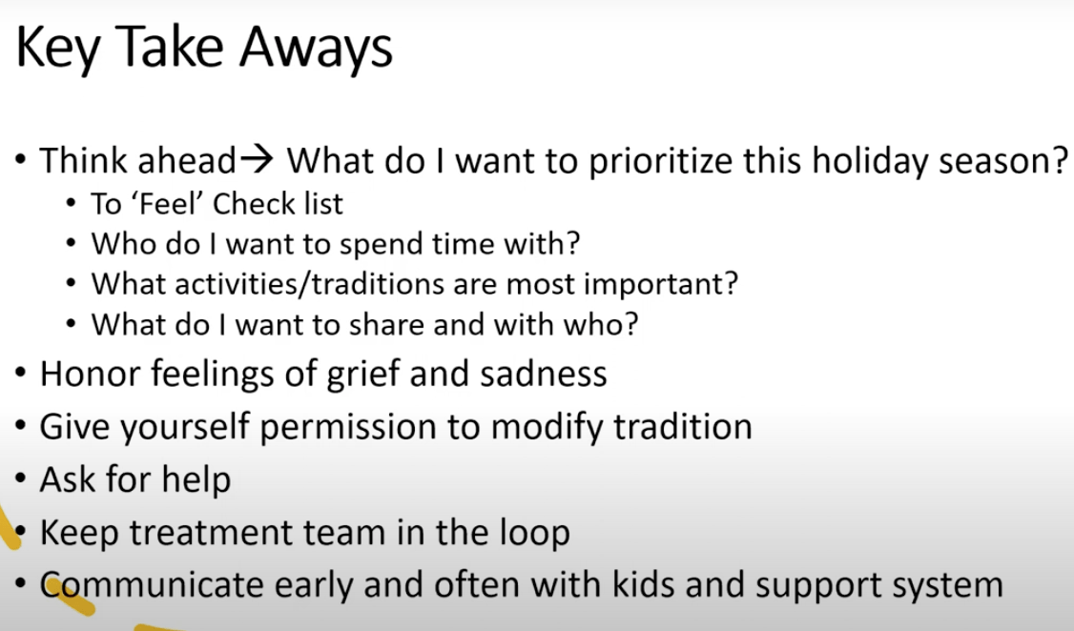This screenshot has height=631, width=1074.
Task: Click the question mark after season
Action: [x=1059, y=160]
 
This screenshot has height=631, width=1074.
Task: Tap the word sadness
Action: [x=543, y=375]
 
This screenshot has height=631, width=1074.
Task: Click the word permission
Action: [x=348, y=428]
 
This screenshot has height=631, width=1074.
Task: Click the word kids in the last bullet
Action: [x=643, y=585]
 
